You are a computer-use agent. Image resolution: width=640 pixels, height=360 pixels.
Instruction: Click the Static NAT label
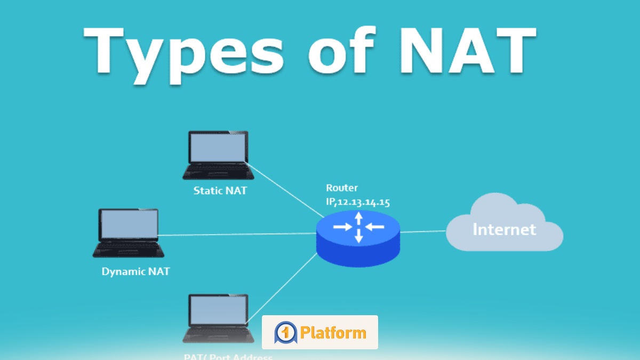click(220, 190)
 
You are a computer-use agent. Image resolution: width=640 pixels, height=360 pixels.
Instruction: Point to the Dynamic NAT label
click(135, 271)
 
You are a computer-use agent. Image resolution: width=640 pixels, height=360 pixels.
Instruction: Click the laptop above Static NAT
click(218, 155)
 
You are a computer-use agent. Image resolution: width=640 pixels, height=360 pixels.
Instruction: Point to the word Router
click(342, 188)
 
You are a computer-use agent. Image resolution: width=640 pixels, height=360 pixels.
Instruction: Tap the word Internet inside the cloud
click(504, 229)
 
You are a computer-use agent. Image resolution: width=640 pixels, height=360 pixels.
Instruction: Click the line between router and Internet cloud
click(423, 231)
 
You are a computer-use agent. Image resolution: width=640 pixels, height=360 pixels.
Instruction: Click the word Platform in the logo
click(333, 333)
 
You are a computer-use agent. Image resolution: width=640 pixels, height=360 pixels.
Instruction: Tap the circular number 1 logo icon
click(285, 333)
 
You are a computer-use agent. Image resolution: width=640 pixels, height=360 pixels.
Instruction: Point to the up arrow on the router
click(359, 217)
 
